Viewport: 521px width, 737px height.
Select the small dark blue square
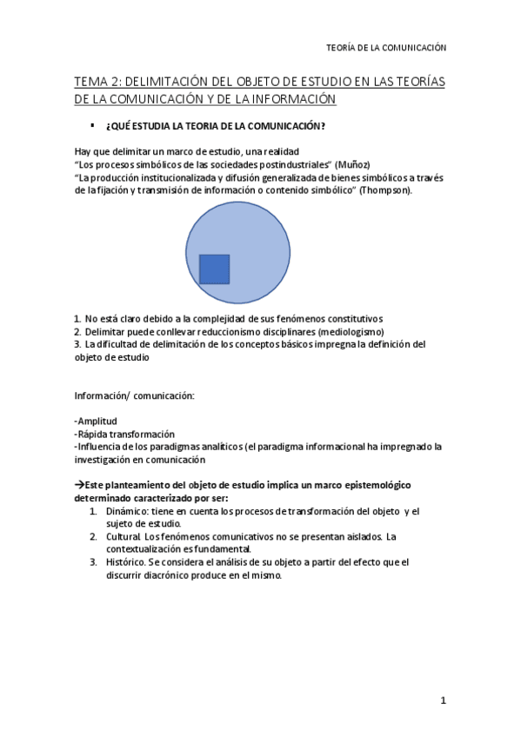(x=214, y=269)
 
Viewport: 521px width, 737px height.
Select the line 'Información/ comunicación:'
(x=134, y=396)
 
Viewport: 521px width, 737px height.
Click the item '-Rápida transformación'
(x=124, y=434)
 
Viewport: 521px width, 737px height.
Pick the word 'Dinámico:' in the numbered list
(x=129, y=511)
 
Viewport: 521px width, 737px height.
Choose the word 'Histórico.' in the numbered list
(x=129, y=561)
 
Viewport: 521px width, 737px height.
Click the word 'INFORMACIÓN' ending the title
(x=289, y=100)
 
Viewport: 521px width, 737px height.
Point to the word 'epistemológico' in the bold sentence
(x=369, y=484)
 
